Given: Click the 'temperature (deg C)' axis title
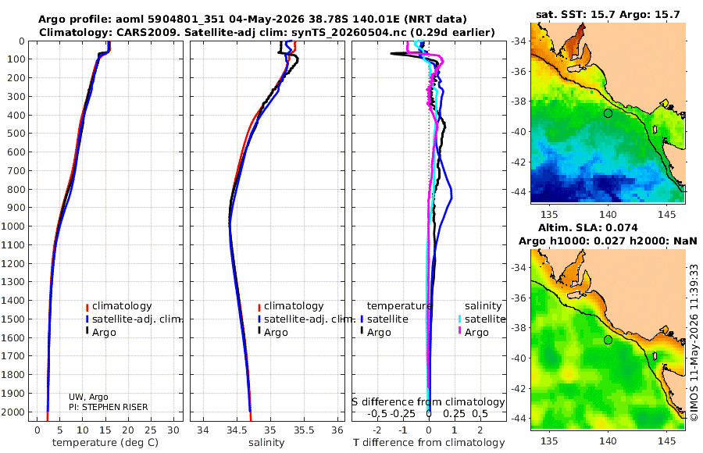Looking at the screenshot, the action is click(x=105, y=443).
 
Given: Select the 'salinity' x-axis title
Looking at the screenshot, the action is click(x=266, y=443).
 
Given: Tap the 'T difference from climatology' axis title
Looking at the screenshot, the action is click(x=429, y=443).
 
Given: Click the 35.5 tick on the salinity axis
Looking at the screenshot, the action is click(x=304, y=430).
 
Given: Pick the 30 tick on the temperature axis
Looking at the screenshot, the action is click(x=173, y=430).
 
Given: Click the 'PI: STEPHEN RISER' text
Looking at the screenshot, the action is click(x=108, y=407).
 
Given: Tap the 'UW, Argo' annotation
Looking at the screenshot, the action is click(x=88, y=397).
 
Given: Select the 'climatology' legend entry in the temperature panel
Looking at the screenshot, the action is click(x=119, y=306).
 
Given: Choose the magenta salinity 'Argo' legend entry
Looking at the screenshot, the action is click(x=473, y=333).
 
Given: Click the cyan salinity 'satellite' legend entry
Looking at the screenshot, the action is click(x=481, y=319).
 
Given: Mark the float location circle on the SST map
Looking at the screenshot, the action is click(x=608, y=113).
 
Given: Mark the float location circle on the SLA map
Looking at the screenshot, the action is click(x=608, y=340).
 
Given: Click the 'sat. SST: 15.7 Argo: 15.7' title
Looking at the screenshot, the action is click(x=608, y=14).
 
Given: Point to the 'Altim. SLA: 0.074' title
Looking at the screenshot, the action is click(x=587, y=227).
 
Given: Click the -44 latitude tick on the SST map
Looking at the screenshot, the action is click(x=519, y=192).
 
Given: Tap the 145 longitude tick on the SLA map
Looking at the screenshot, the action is click(x=667, y=441).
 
